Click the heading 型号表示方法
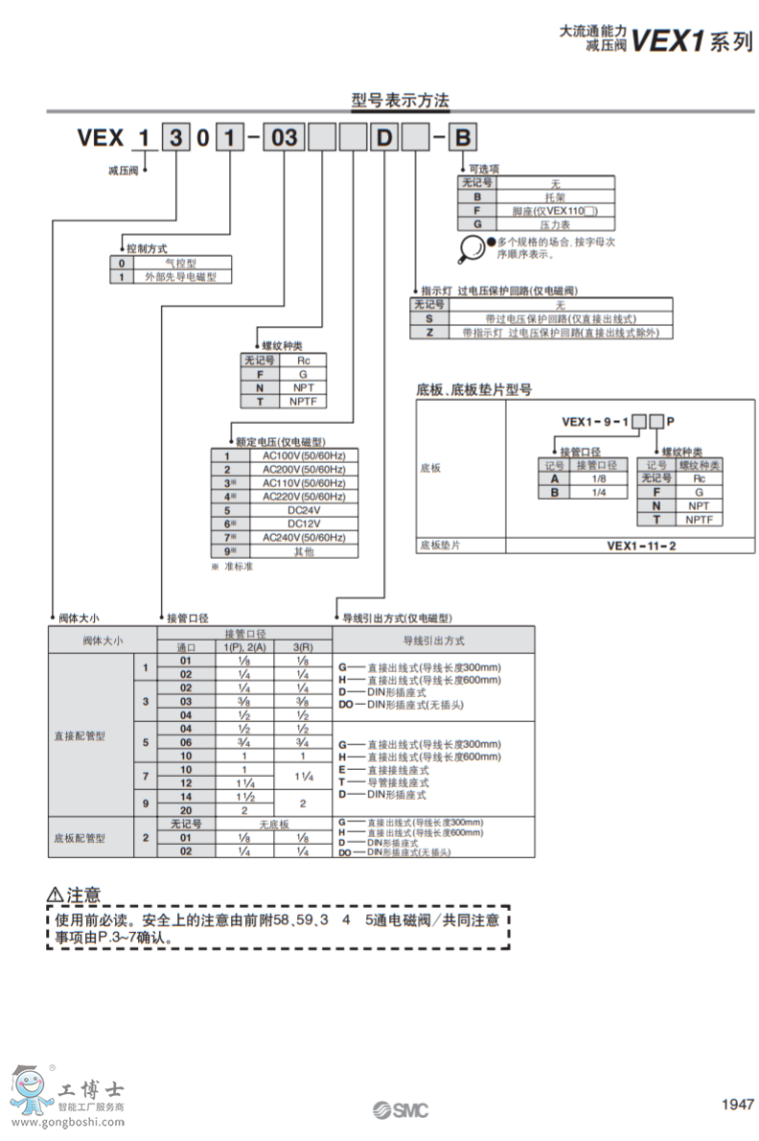click(x=400, y=100)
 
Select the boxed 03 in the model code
click(x=285, y=138)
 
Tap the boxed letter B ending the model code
click(x=462, y=138)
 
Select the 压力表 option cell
click(x=555, y=223)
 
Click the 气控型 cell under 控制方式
click(x=181, y=262)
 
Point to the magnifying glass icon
click(x=471, y=248)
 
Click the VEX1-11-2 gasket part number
click(x=641, y=546)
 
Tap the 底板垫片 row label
click(x=441, y=546)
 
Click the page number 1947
click(x=737, y=1105)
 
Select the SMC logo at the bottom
click(x=401, y=1110)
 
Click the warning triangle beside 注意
click(x=56, y=895)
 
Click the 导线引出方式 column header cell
click(x=433, y=640)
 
